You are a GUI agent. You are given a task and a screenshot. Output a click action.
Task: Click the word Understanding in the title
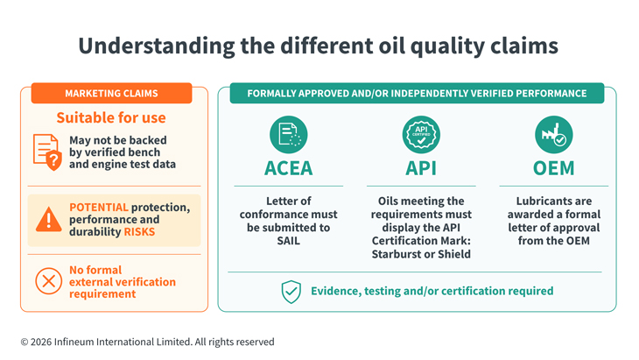tap(157, 46)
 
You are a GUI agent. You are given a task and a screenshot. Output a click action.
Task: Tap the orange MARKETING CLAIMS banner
tap(111, 94)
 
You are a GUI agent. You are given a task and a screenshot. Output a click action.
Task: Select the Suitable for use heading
tap(111, 118)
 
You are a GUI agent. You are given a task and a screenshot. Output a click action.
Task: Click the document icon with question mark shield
tap(47, 152)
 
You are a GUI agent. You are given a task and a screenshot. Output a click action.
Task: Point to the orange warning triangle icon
tap(48, 219)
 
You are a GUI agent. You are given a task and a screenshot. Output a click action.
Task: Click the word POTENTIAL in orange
tap(99, 207)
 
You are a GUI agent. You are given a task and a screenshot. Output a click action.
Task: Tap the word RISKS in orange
tap(139, 232)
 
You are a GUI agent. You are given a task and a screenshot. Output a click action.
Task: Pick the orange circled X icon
tap(48, 281)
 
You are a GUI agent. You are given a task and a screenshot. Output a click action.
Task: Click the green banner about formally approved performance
tap(417, 94)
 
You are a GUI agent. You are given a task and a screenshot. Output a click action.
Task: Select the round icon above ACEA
tap(289, 135)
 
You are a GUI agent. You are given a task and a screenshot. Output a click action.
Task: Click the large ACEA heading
tap(289, 168)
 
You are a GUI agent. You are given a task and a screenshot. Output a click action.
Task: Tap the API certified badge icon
tap(421, 135)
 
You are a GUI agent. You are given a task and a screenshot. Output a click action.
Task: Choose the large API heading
tap(421, 168)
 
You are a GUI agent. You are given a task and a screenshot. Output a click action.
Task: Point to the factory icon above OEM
tap(554, 135)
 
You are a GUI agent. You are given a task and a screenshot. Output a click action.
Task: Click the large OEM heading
tap(554, 168)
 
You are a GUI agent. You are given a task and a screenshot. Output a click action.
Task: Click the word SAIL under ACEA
tap(289, 241)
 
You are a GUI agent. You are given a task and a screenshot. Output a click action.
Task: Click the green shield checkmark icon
tap(291, 292)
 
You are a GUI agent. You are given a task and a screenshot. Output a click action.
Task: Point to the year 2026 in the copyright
tap(41, 342)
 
